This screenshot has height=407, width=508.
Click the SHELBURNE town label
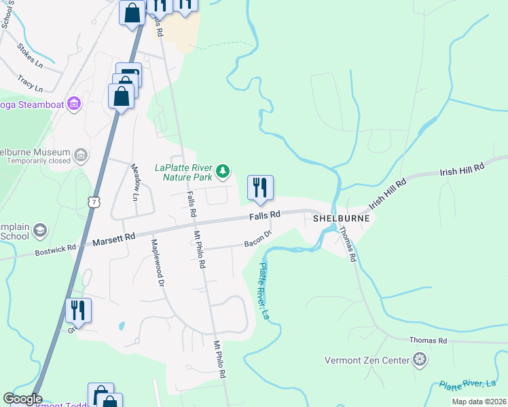click(x=342, y=218)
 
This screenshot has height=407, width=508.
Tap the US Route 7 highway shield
click(x=94, y=202)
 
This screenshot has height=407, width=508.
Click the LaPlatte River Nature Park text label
click(x=185, y=172)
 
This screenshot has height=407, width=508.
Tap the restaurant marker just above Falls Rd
click(x=260, y=189)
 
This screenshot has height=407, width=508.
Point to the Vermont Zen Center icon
click(x=420, y=359)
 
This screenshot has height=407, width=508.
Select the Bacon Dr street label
click(x=258, y=238)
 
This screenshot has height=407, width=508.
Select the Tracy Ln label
click(x=31, y=83)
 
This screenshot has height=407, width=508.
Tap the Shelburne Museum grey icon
click(x=81, y=155)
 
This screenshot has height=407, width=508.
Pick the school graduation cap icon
click(x=40, y=231)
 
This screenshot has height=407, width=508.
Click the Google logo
click(x=22, y=399)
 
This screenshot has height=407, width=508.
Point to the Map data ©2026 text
click(x=479, y=402)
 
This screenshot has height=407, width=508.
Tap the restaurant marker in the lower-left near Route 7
click(x=78, y=311)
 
